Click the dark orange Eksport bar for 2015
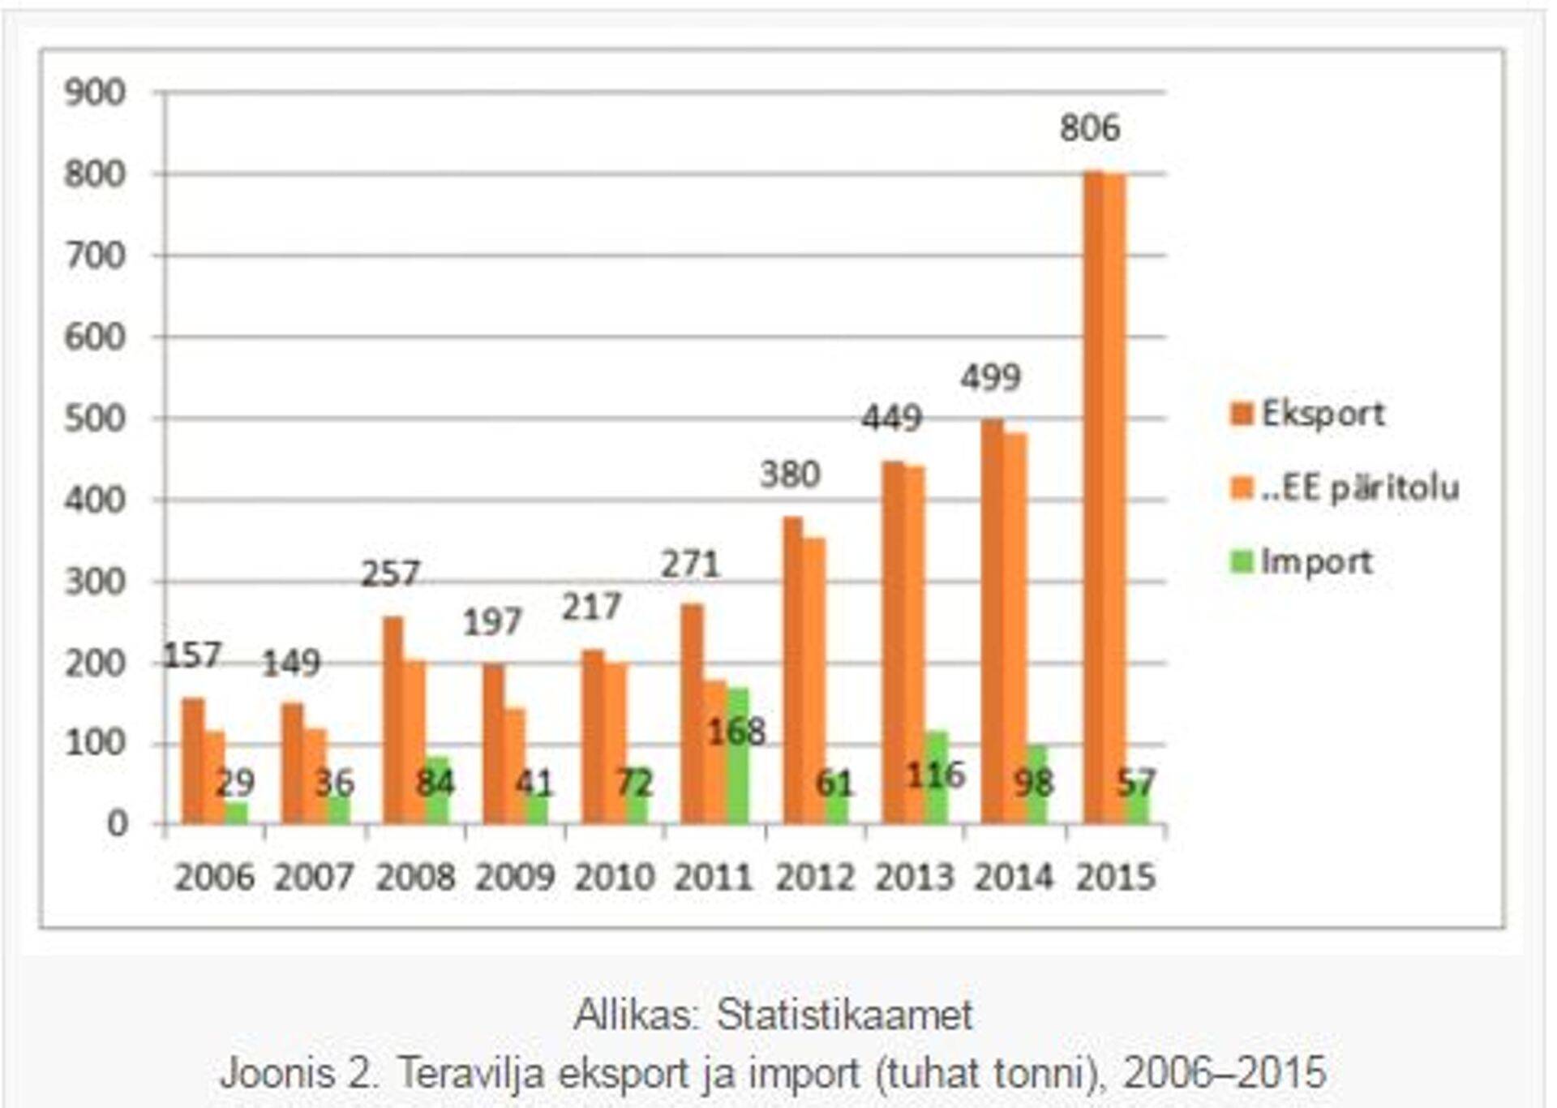point(1093,498)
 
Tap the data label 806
point(1089,128)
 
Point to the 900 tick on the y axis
point(95,92)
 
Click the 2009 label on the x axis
point(514,877)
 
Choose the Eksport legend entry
point(1307,414)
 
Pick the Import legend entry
point(1302,561)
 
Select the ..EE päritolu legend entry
point(1345,487)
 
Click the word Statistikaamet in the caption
point(843,1015)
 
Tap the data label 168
point(736,732)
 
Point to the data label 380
point(790,474)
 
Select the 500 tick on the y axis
point(95,419)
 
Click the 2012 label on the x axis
point(814,877)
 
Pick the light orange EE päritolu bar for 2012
point(814,681)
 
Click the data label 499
point(990,377)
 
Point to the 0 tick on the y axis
point(117,824)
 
